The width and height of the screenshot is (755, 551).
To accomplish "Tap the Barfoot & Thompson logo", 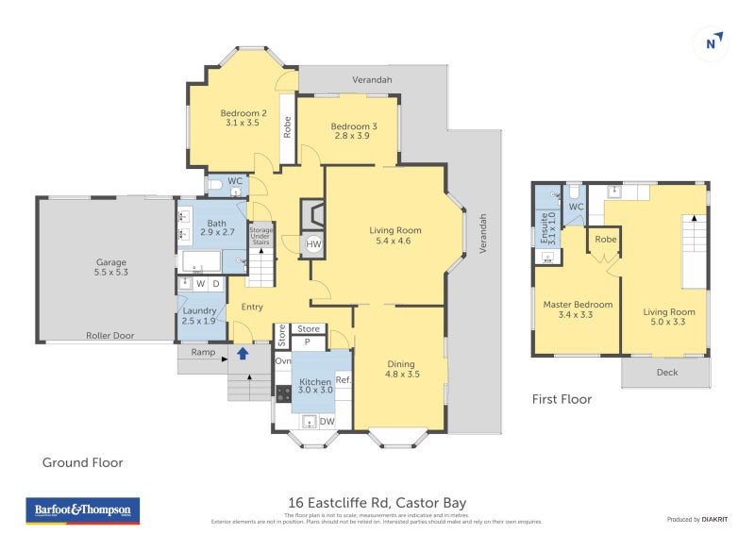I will [82, 510].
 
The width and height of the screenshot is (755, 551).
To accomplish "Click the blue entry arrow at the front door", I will [243, 354].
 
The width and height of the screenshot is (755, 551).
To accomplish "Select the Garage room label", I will [110, 262].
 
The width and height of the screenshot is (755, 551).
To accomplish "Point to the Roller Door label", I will [107, 334].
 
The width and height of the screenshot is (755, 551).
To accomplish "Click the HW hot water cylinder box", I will [312, 245].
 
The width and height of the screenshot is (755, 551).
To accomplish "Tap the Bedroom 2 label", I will [243, 113].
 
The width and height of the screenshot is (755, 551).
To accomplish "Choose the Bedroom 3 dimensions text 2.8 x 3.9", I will [354, 136].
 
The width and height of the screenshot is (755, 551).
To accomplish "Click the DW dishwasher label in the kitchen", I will [327, 422].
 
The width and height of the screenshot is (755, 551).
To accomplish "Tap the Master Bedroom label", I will [578, 305].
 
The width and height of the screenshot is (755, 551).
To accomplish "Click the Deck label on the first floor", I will [665, 372].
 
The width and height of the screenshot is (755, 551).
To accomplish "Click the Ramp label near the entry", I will [202, 353].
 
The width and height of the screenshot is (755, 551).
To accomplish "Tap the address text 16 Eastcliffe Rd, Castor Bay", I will [377, 503].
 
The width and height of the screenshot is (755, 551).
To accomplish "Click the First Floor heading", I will [562, 399].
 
